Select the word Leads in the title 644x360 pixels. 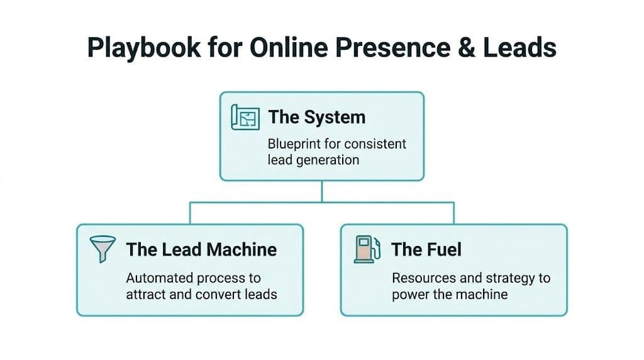click(x=523, y=48)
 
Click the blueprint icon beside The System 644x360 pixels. click(x=246, y=118)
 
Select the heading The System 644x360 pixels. click(x=316, y=117)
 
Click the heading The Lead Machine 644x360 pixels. click(x=201, y=249)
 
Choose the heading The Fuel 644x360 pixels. click(x=426, y=249)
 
